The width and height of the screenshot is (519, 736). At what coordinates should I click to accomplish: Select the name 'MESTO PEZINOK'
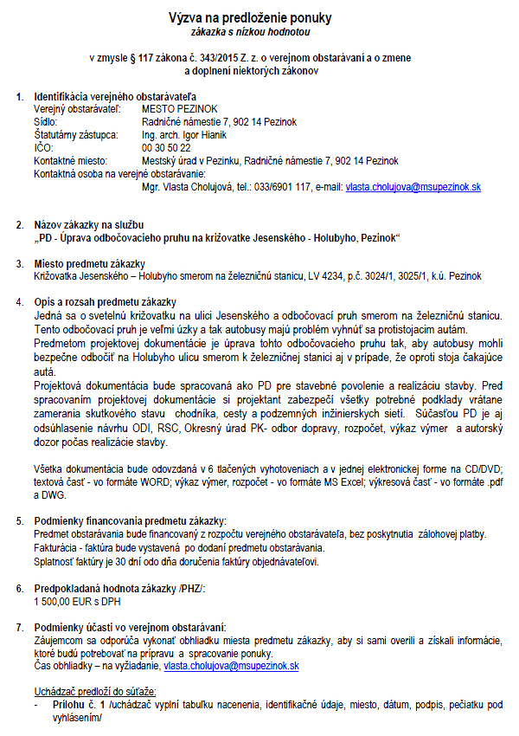[x=179, y=110]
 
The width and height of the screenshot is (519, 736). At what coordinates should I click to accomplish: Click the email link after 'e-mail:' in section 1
[x=413, y=186]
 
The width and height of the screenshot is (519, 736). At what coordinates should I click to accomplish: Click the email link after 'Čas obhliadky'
[x=231, y=666]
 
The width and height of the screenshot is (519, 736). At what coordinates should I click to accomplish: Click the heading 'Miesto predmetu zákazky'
[x=89, y=263]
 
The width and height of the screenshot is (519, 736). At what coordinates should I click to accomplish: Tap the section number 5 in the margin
[x=20, y=521]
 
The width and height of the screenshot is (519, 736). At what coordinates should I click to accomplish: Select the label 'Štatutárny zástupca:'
[x=74, y=135]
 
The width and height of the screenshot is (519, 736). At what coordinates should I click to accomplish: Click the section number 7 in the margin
[x=20, y=627]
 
